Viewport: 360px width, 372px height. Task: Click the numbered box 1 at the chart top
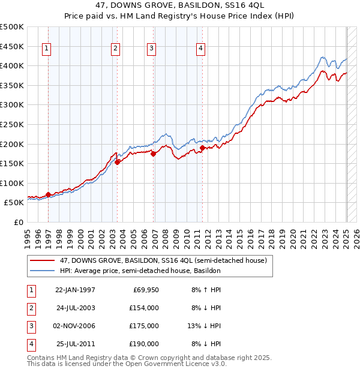(47, 49)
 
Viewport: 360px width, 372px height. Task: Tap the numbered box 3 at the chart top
(152, 49)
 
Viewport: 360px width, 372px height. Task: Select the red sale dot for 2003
(118, 161)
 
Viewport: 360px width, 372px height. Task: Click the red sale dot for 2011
(203, 148)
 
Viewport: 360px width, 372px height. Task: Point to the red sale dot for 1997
(49, 194)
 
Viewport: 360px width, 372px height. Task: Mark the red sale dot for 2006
(153, 154)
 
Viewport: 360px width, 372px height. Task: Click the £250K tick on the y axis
(13, 124)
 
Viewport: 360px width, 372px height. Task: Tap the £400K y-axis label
(13, 65)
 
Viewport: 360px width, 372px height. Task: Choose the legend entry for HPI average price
(140, 271)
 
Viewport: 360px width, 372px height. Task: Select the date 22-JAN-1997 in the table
(75, 290)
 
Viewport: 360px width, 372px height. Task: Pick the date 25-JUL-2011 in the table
(75, 344)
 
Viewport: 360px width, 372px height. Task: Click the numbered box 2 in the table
(30, 308)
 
